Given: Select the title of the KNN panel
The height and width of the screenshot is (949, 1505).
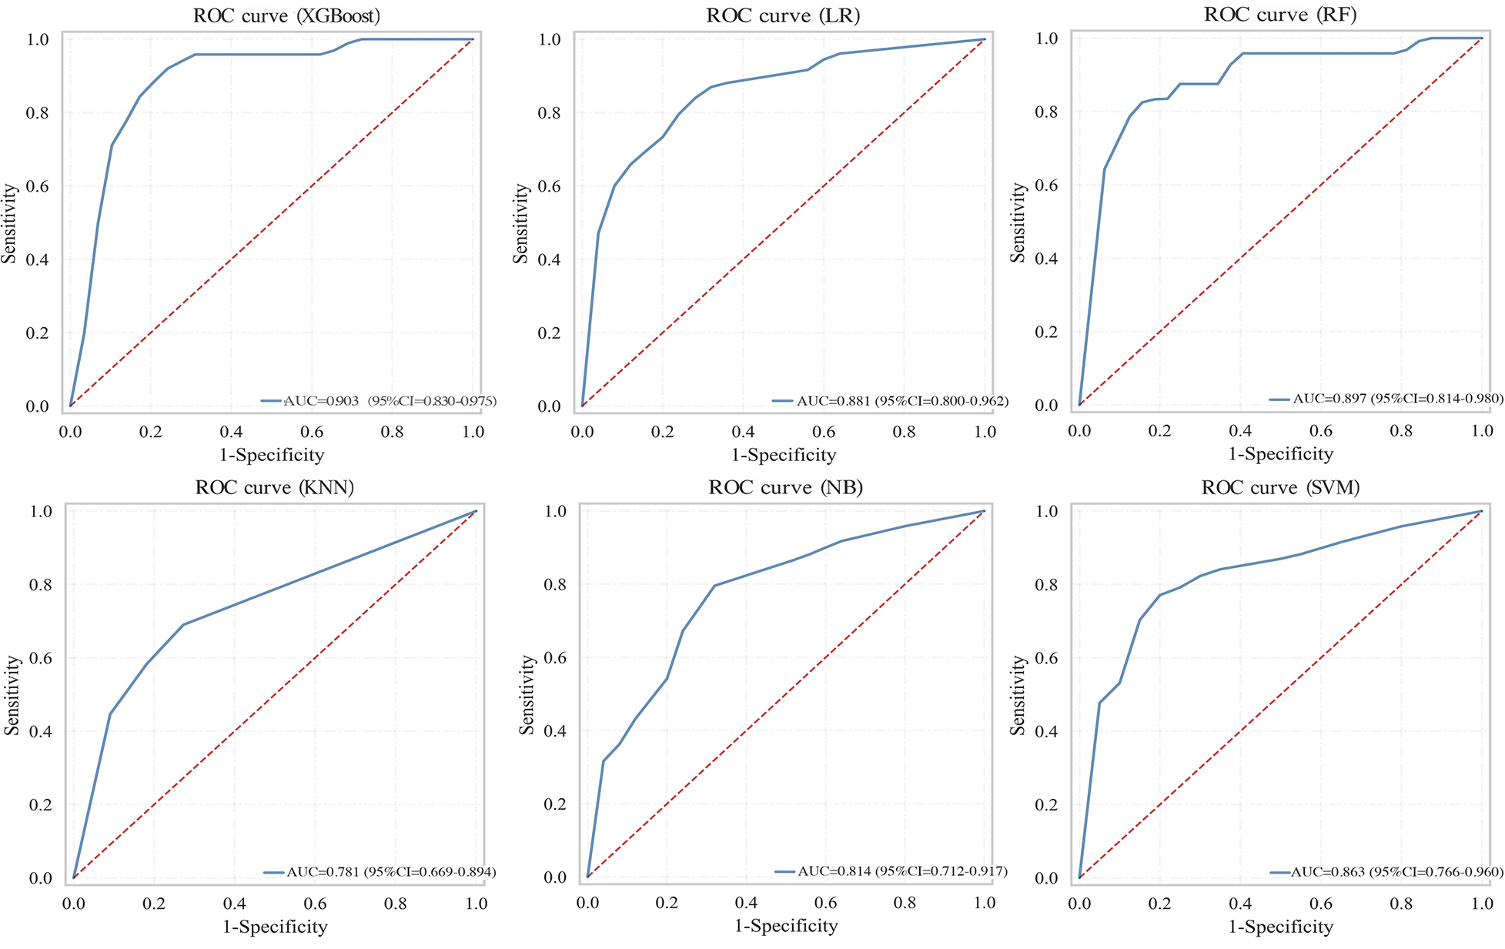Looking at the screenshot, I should (275, 487).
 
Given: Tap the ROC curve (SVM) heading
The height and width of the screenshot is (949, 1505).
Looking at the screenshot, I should (1280, 487).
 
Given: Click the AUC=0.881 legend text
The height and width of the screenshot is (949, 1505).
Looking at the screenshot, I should (901, 401).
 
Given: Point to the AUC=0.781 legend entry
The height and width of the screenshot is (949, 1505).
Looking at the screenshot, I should (390, 872).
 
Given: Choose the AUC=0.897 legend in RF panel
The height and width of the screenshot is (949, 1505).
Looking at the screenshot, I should (1397, 399).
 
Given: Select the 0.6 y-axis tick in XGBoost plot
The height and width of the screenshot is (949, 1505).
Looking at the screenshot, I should (37, 186).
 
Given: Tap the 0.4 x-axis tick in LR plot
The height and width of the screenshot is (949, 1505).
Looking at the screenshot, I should (743, 432).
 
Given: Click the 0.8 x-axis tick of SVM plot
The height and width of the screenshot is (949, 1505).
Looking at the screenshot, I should (1401, 903).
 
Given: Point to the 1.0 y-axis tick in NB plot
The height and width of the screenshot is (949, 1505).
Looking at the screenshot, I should (555, 511).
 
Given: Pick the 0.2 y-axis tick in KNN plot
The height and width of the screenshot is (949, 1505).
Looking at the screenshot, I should (39, 804).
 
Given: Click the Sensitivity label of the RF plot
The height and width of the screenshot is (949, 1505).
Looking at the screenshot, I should (1018, 222).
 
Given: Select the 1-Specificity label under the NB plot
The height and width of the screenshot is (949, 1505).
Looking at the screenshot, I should (786, 925).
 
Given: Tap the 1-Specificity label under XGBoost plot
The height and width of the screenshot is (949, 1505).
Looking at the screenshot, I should (272, 454).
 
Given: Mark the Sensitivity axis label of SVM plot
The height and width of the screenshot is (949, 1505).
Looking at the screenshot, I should (1018, 694).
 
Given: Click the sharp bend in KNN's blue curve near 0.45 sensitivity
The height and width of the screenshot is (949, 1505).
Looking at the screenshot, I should (110, 713).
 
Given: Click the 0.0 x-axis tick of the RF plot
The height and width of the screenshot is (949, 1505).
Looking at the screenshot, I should (1079, 431).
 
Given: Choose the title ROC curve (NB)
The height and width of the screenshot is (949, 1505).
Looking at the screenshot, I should (785, 487).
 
